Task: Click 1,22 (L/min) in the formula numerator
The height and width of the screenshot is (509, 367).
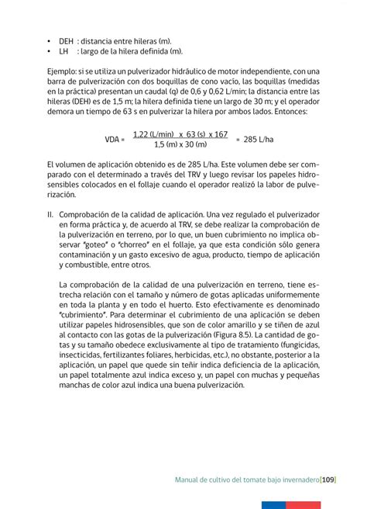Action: [155, 133]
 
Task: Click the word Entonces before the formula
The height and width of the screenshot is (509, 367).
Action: [284, 112]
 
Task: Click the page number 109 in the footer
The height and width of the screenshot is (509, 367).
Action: [326, 480]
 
